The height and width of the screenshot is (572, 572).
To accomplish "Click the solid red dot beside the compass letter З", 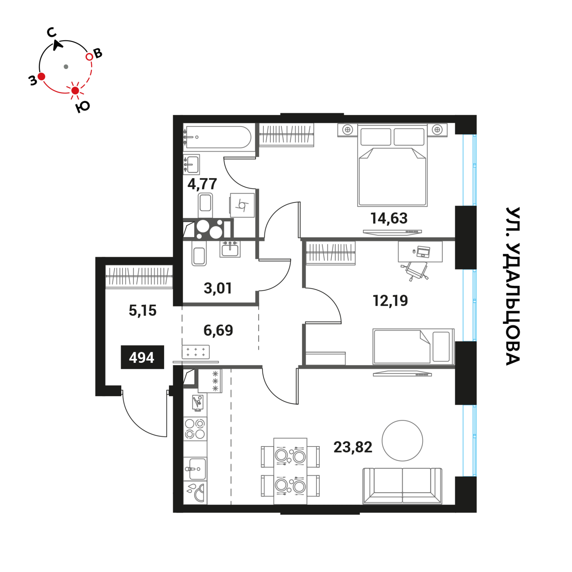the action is pos(41,76).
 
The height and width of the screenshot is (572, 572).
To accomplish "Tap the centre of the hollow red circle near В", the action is pos(89,56).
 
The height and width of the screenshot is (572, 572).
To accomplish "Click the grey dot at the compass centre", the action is pos(66,66).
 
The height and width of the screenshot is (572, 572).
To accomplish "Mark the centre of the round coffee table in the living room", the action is pos(402,440).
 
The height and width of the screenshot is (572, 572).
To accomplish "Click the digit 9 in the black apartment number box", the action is pos(142,357).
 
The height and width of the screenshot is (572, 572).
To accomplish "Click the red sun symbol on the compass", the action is pos(75,90).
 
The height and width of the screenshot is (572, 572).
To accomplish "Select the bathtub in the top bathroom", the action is pos(218,137).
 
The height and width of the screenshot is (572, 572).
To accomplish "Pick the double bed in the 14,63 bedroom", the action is pos(392,165).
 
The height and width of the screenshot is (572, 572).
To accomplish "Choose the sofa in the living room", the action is pos(402,485).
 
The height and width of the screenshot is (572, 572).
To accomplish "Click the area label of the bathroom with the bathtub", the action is pos(202,184).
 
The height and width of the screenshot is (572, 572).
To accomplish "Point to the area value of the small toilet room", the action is pos(218,288).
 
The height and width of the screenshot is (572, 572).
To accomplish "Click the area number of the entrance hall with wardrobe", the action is pos(143,310).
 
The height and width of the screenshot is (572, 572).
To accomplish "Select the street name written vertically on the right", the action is pos(513,286).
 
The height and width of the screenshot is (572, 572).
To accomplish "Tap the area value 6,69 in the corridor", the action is pos(218,330).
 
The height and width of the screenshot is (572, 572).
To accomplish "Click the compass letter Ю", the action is pos(83,107).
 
